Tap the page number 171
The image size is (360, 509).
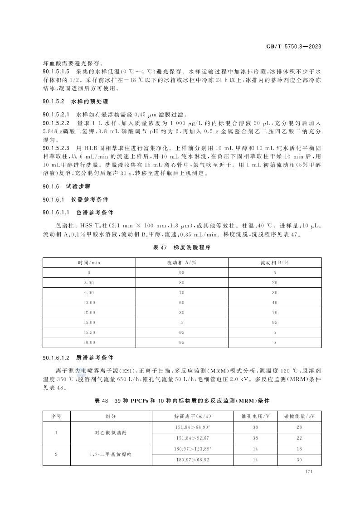310,472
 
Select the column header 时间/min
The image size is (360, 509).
89,262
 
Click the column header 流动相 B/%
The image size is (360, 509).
275,262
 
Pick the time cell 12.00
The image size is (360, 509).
89,312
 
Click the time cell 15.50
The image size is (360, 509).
89,333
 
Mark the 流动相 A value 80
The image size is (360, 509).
182,282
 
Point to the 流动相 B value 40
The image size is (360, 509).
275,302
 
